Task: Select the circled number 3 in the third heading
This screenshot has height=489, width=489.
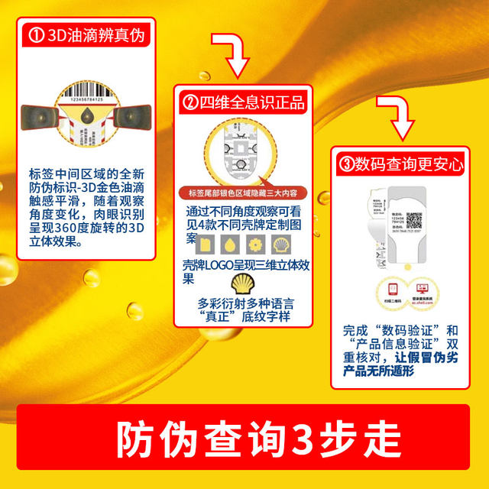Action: coord(346,163)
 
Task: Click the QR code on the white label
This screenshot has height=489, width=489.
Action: coord(413,220)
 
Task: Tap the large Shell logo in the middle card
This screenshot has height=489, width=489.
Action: coord(238,279)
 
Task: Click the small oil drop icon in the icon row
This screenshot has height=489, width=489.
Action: coord(231,244)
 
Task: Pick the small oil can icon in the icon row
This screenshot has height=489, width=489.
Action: coord(204,244)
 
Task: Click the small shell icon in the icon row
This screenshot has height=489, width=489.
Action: coord(282,244)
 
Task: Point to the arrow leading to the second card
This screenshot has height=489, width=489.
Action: coord(229,55)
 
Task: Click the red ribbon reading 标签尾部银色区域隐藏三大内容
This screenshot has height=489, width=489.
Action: coord(239,193)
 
